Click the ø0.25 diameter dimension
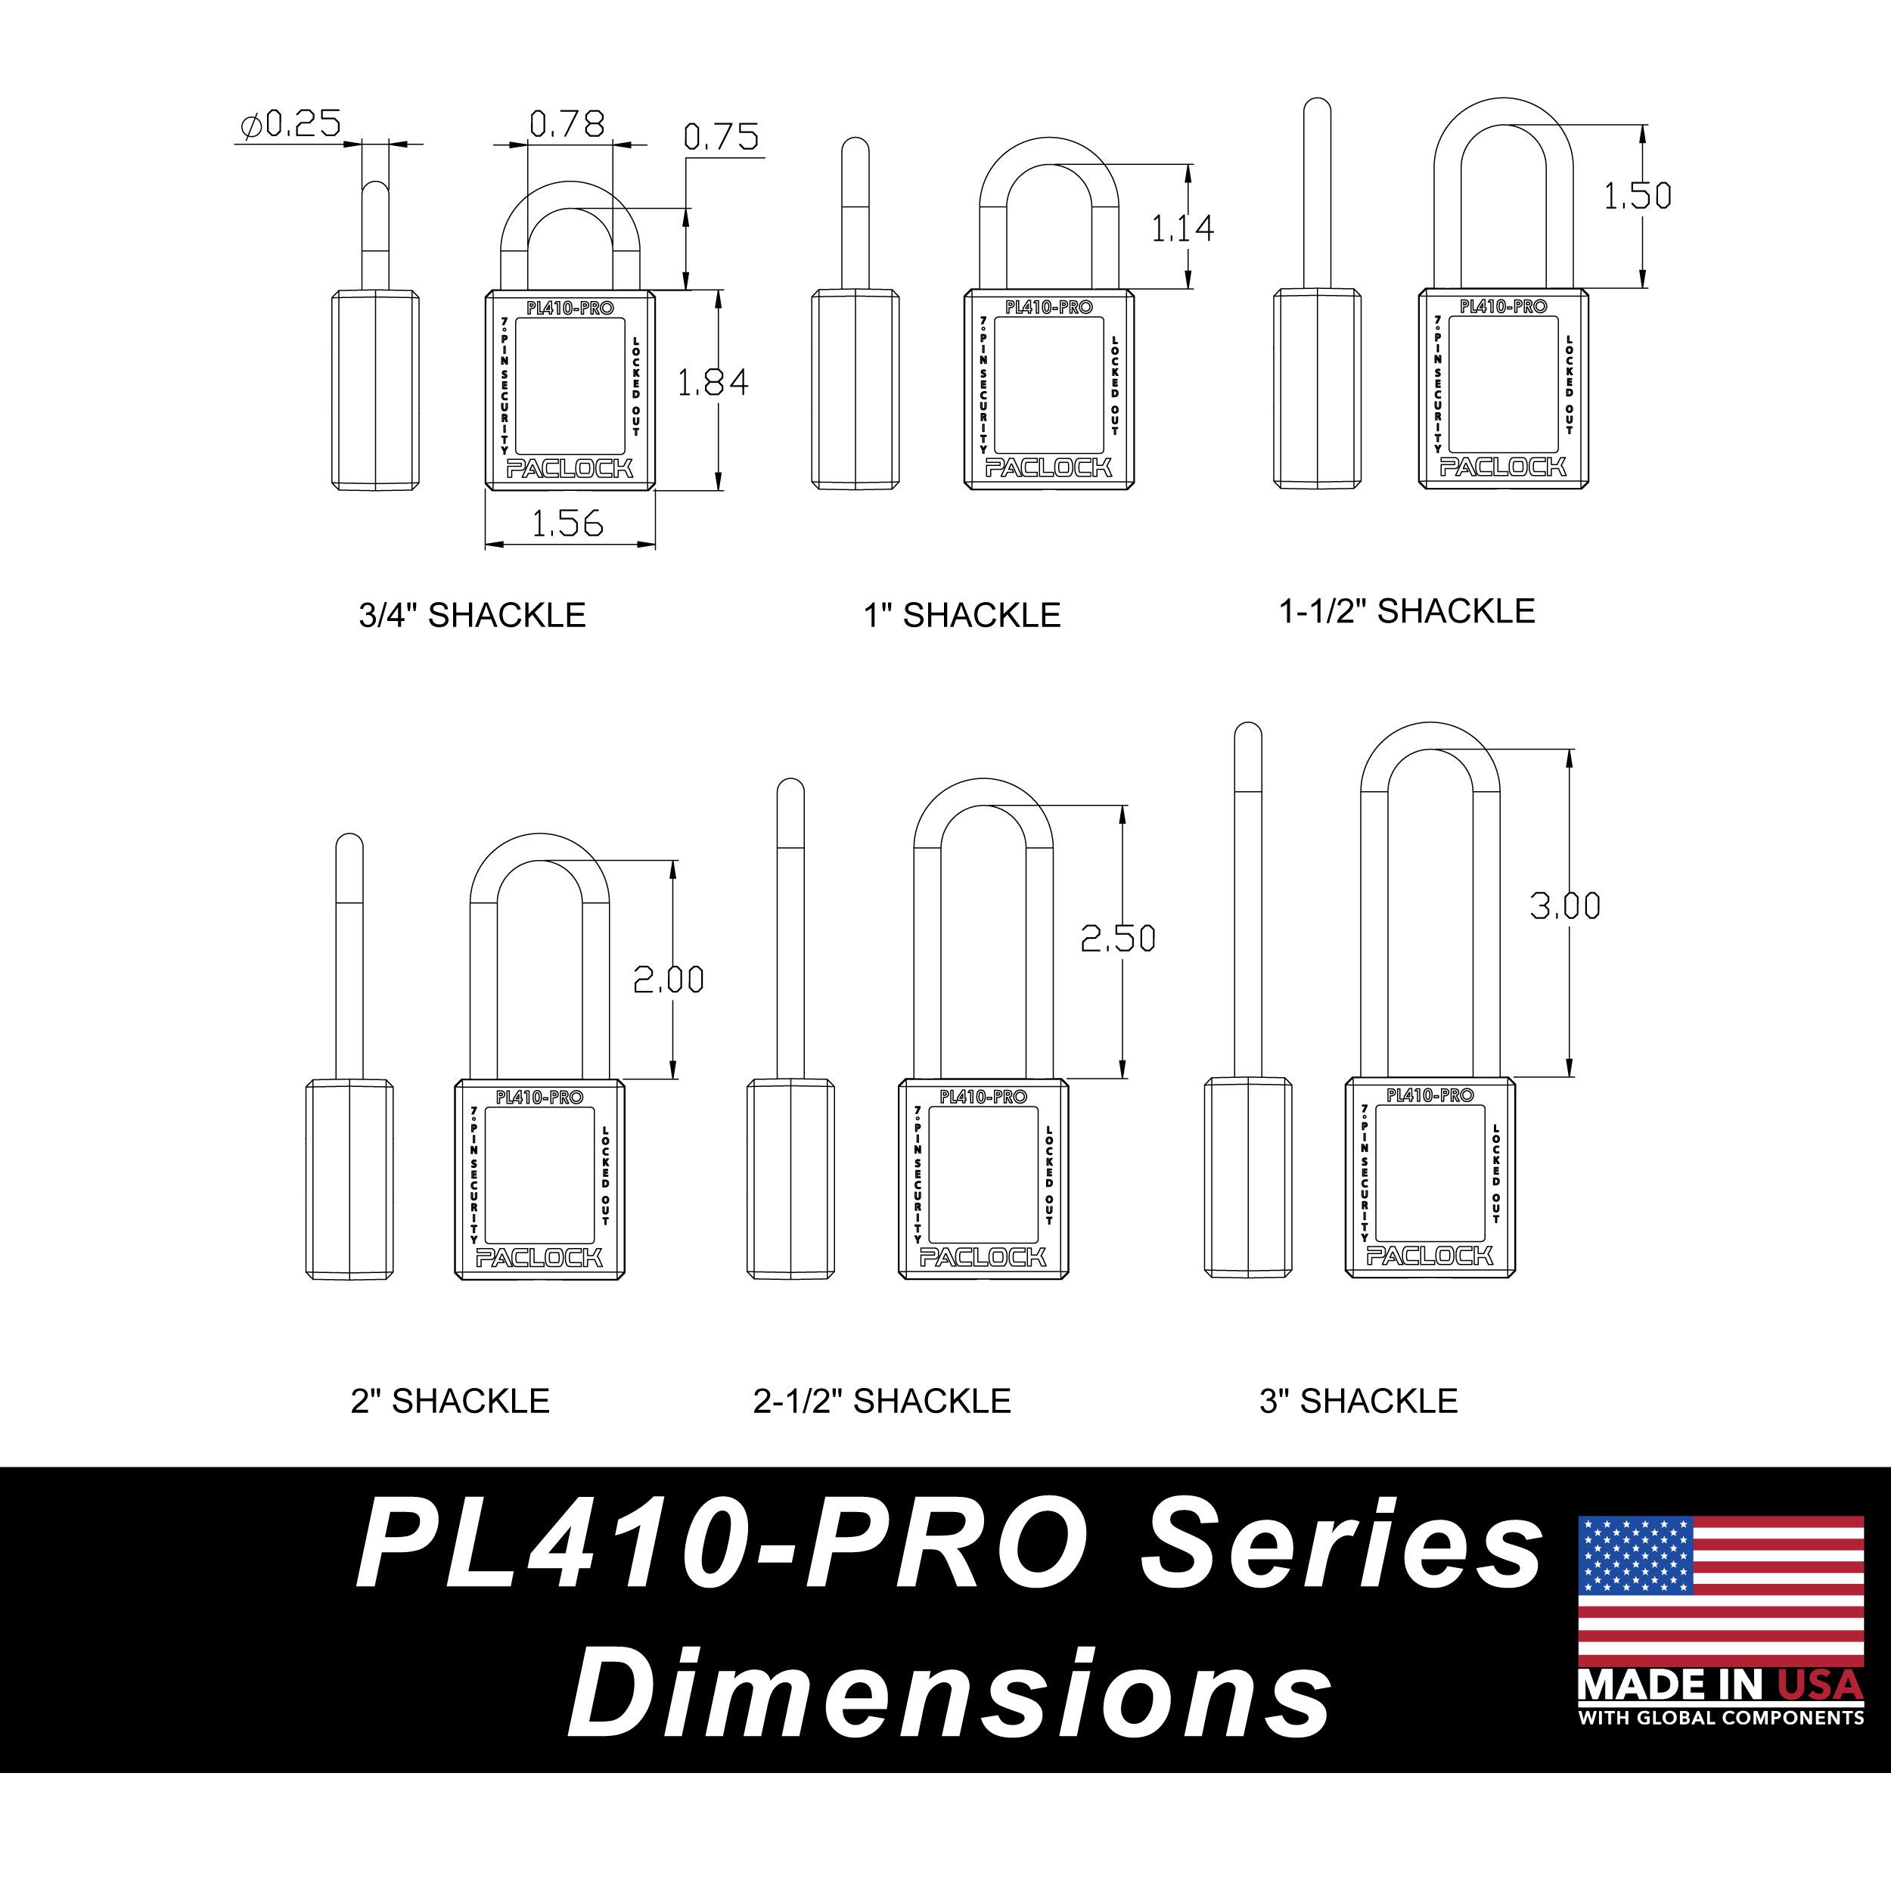290,124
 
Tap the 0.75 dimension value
722,137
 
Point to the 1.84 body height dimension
713,382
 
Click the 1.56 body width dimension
568,523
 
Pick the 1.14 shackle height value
1182,228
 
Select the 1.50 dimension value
1637,196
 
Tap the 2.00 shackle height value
669,980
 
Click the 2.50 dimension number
1118,939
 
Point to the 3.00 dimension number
1565,906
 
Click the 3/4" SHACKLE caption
472,615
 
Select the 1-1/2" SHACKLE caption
1406,610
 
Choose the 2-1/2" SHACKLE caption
882,1401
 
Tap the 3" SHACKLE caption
1358,1401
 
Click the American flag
1721,1589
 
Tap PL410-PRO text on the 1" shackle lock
1048,307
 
